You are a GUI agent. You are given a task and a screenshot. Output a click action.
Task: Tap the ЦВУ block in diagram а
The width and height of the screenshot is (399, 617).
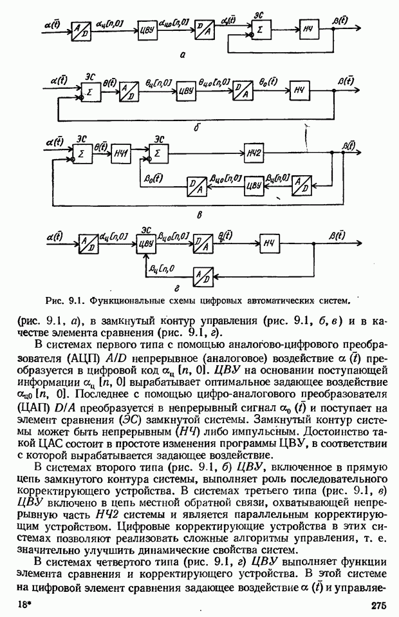[146, 30]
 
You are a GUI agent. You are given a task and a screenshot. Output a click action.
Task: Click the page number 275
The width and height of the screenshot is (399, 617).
[378, 605]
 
